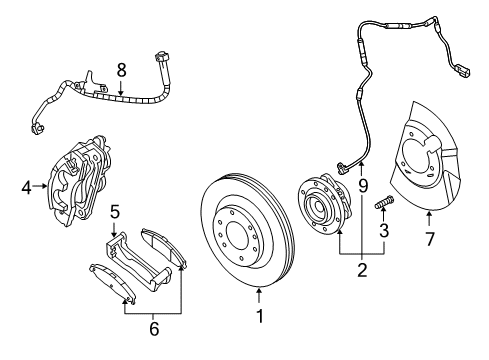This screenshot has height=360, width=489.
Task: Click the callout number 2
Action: tap(362, 267)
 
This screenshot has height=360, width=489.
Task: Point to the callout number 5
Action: tap(115, 212)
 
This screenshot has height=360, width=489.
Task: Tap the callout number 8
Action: tap(121, 71)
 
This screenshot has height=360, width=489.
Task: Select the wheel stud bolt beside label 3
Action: tap(384, 207)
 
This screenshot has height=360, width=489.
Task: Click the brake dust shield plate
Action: tap(426, 170)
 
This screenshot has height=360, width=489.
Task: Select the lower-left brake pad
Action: tap(112, 285)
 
